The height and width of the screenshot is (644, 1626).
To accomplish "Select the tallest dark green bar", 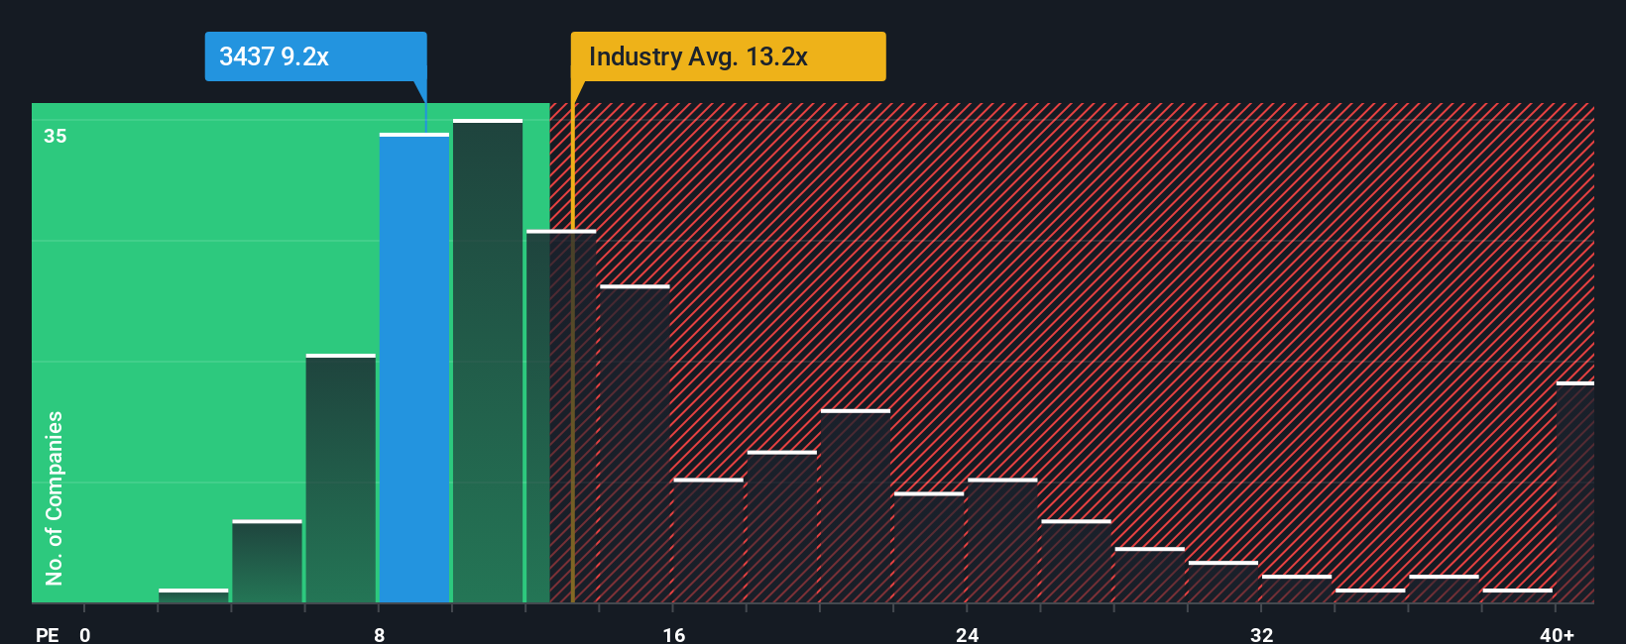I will pos(488,362).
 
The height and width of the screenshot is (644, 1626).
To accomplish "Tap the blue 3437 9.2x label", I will pos(315,56).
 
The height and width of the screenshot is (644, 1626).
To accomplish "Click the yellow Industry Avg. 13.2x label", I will pos(728,56).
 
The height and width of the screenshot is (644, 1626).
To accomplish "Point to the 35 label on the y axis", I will pos(56,136).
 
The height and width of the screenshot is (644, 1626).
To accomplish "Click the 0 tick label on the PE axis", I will pos(85,634).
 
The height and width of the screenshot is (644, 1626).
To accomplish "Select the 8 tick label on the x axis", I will pos(379,634).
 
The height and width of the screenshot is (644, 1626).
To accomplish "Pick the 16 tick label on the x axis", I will pos(673,634).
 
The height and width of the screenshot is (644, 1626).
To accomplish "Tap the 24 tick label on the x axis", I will pos(967,634).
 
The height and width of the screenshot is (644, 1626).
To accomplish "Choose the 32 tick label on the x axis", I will pos(1261,634).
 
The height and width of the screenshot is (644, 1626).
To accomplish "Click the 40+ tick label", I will pos(1557,634).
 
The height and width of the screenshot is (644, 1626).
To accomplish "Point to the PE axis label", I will pos(48,634).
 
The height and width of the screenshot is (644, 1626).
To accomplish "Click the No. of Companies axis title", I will pos(55,497).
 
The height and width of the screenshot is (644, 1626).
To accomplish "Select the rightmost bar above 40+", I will pos(1574,492).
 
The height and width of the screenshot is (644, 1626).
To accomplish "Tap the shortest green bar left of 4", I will pos(193,595).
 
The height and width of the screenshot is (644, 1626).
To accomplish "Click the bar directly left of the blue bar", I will pos(340,479).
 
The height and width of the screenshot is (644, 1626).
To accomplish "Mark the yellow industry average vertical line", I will pos(572,396).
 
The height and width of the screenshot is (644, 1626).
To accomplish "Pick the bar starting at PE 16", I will pos(708,541).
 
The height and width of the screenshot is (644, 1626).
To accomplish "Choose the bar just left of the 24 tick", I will pos(929,548).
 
